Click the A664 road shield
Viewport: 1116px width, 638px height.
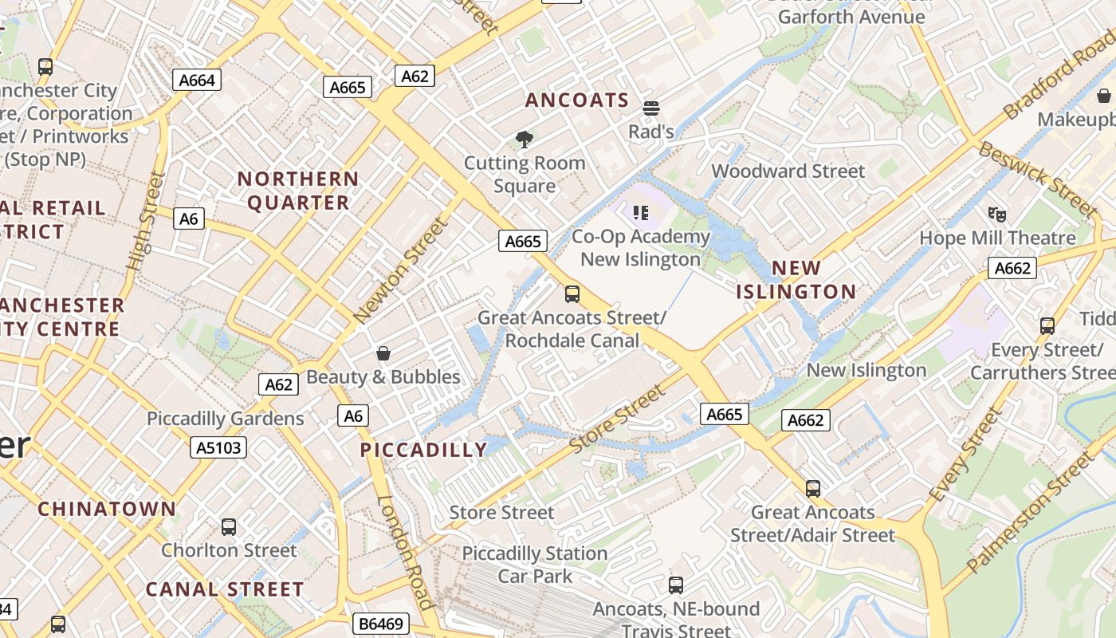click(x=196, y=80)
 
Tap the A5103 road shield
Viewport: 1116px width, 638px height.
click(x=219, y=447)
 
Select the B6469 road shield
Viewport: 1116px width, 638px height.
click(x=379, y=623)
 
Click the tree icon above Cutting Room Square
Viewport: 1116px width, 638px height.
click(x=525, y=140)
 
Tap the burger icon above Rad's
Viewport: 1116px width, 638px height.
click(x=651, y=108)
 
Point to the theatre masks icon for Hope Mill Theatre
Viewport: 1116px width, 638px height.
click(x=996, y=214)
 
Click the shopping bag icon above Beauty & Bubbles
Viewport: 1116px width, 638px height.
click(x=383, y=353)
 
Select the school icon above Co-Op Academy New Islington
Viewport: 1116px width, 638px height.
click(x=641, y=212)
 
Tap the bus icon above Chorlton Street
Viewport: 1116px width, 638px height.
click(x=229, y=527)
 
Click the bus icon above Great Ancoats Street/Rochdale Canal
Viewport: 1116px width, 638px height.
click(x=572, y=294)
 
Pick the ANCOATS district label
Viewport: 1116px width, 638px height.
click(x=577, y=100)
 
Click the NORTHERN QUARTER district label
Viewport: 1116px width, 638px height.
click(x=298, y=191)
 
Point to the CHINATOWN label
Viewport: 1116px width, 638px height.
click(x=107, y=509)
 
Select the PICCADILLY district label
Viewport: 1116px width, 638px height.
click(x=423, y=450)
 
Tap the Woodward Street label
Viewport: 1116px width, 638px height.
click(x=788, y=171)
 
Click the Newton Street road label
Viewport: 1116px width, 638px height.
click(x=402, y=270)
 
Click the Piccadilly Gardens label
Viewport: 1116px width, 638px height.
click(x=226, y=419)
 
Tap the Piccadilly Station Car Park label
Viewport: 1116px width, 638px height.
click(x=535, y=564)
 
